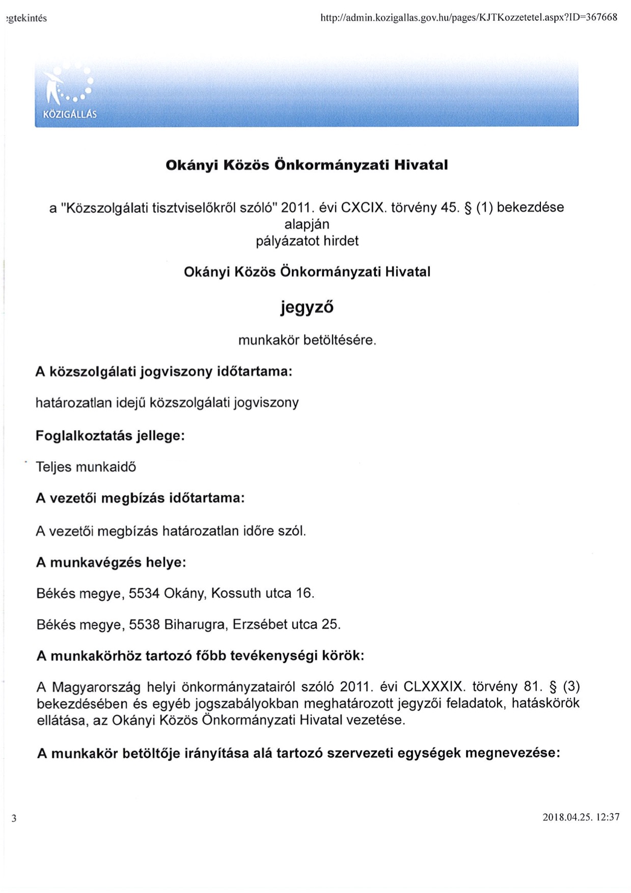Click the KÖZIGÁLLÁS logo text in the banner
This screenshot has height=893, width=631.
coord(70,115)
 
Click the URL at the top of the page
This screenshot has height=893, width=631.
coord(468,17)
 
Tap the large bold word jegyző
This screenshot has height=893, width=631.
coord(307,307)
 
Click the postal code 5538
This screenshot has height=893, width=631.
coord(144,625)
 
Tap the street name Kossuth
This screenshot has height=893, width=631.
coord(233,594)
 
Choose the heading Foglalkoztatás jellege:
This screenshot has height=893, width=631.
coord(110,436)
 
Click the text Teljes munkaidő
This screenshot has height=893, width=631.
coord(86,467)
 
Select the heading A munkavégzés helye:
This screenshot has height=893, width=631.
coord(111,563)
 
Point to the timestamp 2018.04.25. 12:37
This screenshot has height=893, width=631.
coord(581,817)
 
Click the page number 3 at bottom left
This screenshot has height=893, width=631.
coord(14,819)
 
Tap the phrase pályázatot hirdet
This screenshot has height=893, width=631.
coord(307,241)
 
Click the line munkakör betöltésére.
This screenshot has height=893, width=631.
coord(307,340)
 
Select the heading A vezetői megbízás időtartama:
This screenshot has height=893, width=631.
coord(140,498)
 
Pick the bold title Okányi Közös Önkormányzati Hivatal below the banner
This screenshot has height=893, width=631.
coord(307,165)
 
